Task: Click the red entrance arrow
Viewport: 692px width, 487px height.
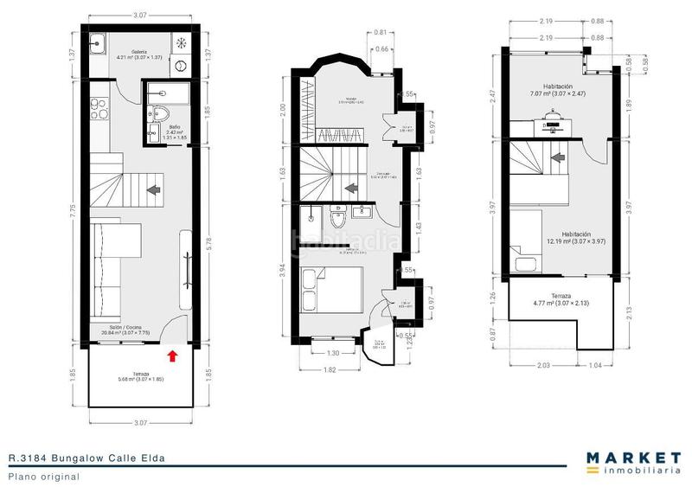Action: coord(173,355)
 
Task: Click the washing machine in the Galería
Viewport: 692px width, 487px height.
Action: coord(181,66)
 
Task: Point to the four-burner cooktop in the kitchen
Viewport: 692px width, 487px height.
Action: coord(96,112)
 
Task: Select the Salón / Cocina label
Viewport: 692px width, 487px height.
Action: coord(122,328)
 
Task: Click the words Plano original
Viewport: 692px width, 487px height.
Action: coord(44,476)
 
